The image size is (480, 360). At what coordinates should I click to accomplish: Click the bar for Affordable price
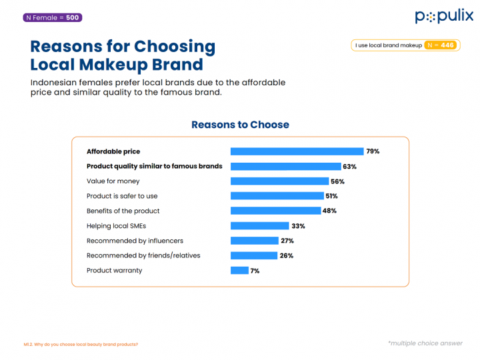(297, 151)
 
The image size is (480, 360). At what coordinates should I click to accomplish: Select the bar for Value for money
(279, 181)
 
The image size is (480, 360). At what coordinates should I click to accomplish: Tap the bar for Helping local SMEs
(259, 226)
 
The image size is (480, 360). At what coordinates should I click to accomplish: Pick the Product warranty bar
(239, 271)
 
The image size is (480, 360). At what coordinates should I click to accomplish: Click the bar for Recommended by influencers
(254, 241)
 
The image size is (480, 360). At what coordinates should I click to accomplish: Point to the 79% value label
(373, 151)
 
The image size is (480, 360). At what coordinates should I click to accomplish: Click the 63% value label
(349, 167)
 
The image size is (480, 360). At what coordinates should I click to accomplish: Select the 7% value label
(255, 271)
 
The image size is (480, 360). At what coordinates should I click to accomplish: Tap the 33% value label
(297, 226)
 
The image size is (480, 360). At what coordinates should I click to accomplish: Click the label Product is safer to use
(122, 196)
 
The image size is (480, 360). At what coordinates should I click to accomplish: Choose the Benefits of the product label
(123, 211)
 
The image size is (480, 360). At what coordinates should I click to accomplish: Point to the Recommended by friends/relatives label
(143, 255)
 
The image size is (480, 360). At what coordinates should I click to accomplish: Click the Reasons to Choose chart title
(240, 125)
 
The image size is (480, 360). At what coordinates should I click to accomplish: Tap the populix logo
(444, 16)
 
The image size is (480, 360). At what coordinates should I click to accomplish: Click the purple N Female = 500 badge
(53, 17)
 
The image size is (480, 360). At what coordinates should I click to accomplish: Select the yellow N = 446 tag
(441, 45)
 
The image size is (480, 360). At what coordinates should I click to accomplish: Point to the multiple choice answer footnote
(425, 343)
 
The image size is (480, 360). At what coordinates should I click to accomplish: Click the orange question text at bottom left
(81, 344)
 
